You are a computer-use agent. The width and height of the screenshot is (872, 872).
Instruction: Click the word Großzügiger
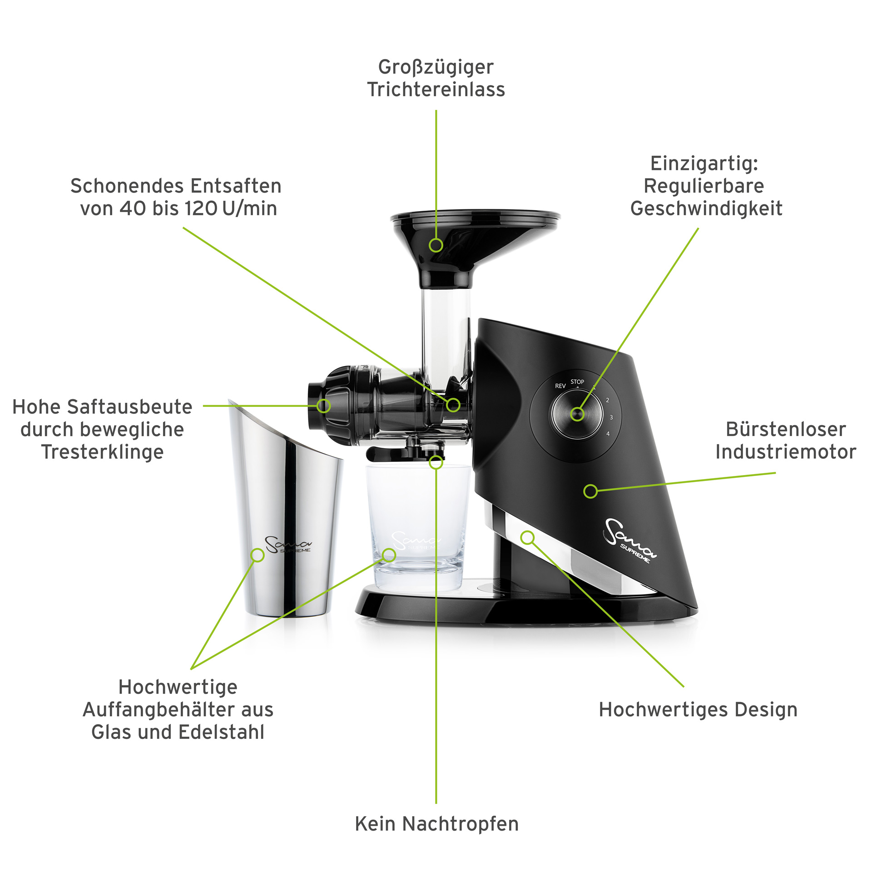[436, 68]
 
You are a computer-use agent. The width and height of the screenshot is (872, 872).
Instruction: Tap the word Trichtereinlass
[436, 89]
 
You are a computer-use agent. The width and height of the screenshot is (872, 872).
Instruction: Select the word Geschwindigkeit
[706, 208]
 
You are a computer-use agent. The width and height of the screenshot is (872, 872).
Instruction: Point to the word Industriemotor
[786, 452]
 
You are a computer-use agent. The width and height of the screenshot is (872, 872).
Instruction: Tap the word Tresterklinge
[102, 452]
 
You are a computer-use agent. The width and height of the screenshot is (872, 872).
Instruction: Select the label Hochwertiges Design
[698, 710]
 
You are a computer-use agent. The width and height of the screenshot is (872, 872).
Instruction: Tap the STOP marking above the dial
[577, 382]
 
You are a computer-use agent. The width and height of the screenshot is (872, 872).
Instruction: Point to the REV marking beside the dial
[560, 386]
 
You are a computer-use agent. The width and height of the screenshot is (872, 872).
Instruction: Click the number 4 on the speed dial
[608, 434]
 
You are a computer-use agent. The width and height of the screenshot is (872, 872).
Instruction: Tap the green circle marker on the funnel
[436, 245]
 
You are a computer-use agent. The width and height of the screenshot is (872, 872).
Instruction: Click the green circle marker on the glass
[389, 555]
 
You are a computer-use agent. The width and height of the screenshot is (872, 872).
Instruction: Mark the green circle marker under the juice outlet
[436, 462]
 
